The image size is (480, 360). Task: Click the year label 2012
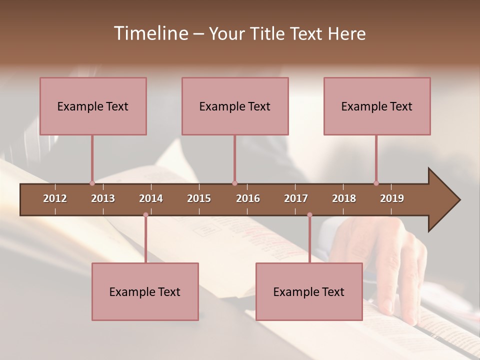pyautogui.click(x=55, y=198)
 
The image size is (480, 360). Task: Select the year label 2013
pyautogui.click(x=103, y=198)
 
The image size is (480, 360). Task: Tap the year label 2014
pyautogui.click(x=151, y=198)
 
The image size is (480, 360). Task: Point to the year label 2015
pyautogui.click(x=199, y=198)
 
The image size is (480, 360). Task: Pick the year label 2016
pyautogui.click(x=248, y=198)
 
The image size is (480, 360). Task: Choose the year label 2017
pyautogui.click(x=296, y=198)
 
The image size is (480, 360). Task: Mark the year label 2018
pyautogui.click(x=344, y=198)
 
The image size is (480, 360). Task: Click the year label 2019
pyautogui.click(x=392, y=198)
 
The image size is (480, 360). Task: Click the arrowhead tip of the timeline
pyautogui.click(x=459, y=200)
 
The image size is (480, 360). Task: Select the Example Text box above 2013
pyautogui.click(x=93, y=106)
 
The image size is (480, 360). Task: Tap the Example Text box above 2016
pyautogui.click(x=235, y=106)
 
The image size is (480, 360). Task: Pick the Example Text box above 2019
pyautogui.click(x=377, y=106)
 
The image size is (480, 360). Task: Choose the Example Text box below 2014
pyautogui.click(x=145, y=291)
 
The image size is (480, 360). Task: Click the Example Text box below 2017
pyautogui.click(x=309, y=291)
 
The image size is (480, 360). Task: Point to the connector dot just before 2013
pyautogui.click(x=92, y=183)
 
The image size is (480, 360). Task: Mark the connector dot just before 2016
pyautogui.click(x=234, y=183)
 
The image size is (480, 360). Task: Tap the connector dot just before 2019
pyautogui.click(x=376, y=183)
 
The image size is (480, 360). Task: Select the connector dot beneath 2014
pyautogui.click(x=145, y=215)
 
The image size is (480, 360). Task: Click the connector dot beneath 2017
pyautogui.click(x=309, y=215)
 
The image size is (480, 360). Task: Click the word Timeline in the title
pyautogui.click(x=150, y=33)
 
